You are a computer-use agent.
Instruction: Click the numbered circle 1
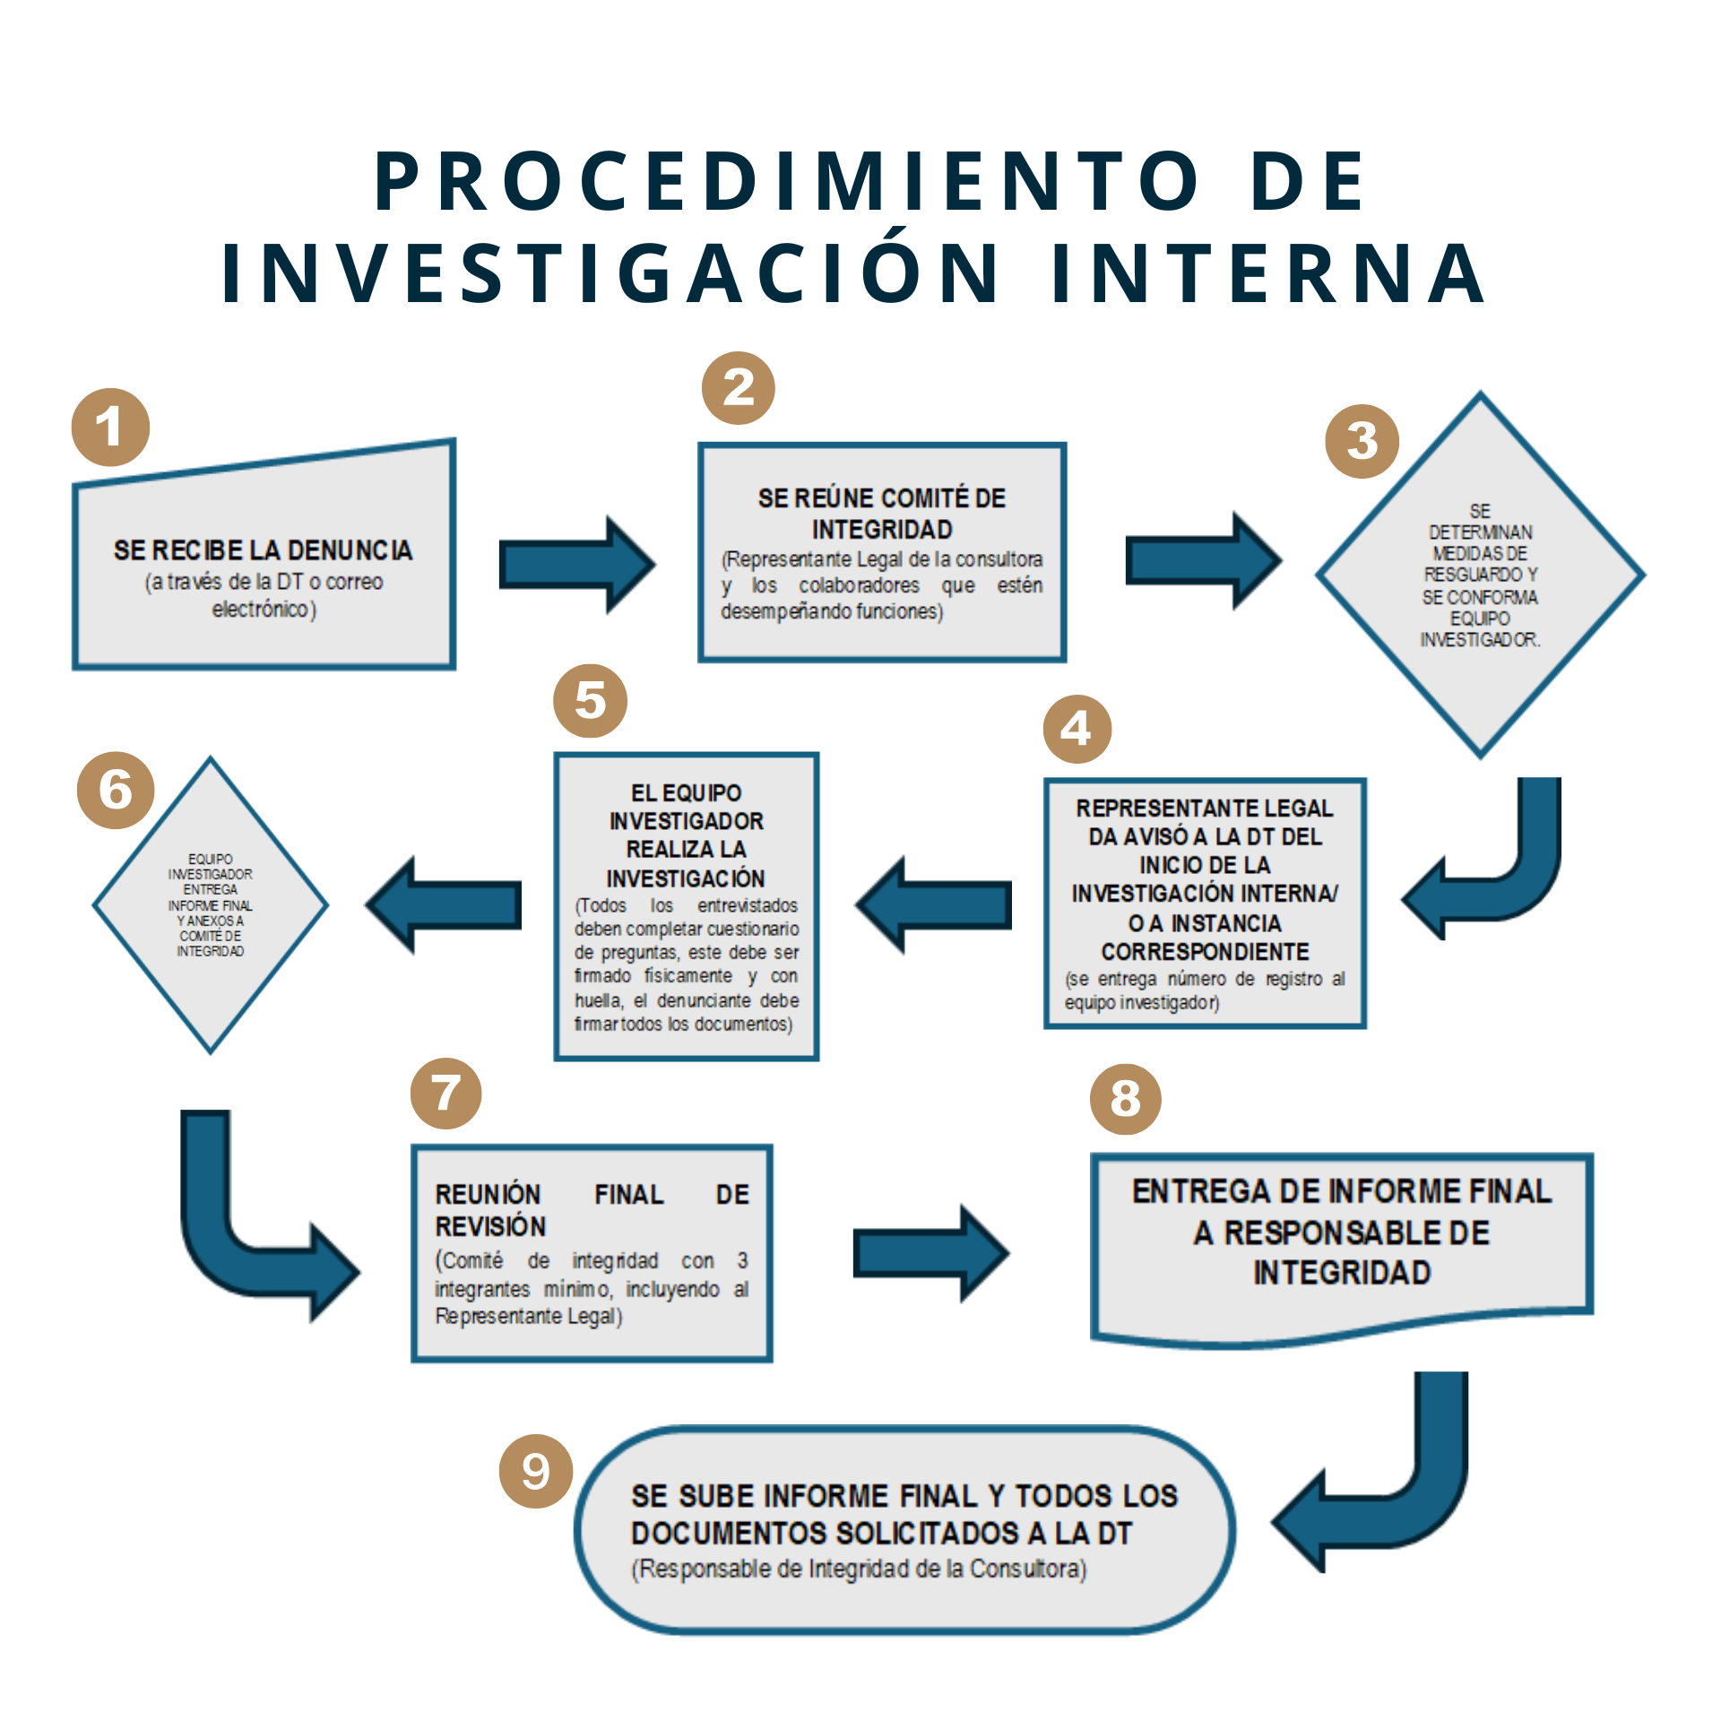(x=110, y=427)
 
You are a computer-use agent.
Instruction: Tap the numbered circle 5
(x=590, y=700)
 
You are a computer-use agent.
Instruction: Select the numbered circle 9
(x=536, y=1471)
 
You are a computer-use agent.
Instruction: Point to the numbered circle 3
(x=1362, y=441)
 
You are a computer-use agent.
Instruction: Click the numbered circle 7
(x=445, y=1094)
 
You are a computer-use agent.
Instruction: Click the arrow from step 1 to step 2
(x=577, y=565)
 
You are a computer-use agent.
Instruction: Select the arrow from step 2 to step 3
(x=1204, y=560)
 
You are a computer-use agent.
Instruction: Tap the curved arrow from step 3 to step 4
(x=1515, y=887)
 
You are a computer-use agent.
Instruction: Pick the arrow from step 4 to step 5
(x=932, y=904)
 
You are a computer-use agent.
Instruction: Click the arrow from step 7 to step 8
(x=931, y=1253)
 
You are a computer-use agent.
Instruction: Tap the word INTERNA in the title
(x=1268, y=272)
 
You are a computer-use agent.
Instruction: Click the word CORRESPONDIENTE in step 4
(x=1205, y=951)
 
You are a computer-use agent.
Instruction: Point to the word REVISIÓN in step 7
(x=490, y=1226)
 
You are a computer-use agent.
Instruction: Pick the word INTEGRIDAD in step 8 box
(x=1342, y=1273)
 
